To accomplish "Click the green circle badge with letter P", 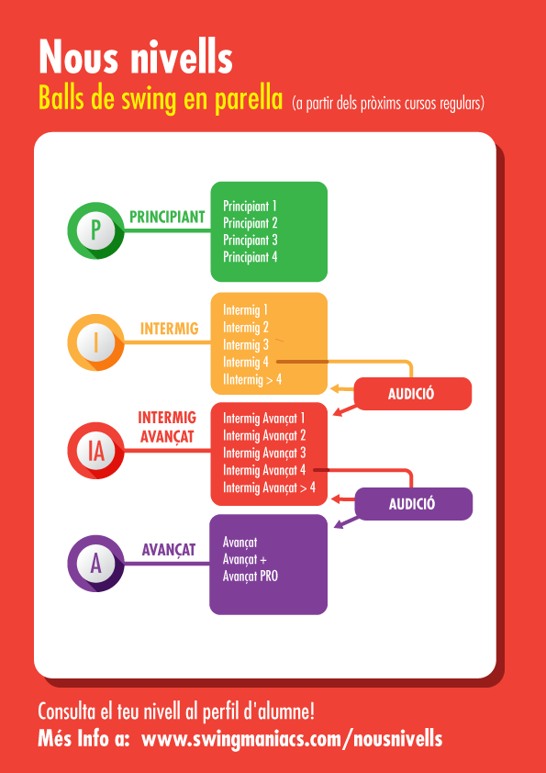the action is tap(96, 230).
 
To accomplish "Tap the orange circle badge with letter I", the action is tap(96, 342).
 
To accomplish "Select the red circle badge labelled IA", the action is tap(96, 451).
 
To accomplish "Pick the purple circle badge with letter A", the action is tap(96, 564).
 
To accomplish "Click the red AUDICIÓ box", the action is tap(413, 394).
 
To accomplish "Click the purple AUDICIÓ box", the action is tap(414, 504).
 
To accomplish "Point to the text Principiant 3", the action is tap(251, 241).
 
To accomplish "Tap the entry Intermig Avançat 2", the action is tap(264, 436).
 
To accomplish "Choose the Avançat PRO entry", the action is tap(251, 576).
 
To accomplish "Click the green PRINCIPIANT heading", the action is tap(167, 217).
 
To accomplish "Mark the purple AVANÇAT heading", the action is tap(169, 550).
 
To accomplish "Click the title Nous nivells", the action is tap(136, 57).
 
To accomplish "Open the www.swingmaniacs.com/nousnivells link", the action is tap(292, 739).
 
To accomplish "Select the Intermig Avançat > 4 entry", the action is tap(269, 488).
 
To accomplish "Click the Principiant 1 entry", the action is tap(250, 206).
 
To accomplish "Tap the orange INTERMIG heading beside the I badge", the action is tap(170, 329).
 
